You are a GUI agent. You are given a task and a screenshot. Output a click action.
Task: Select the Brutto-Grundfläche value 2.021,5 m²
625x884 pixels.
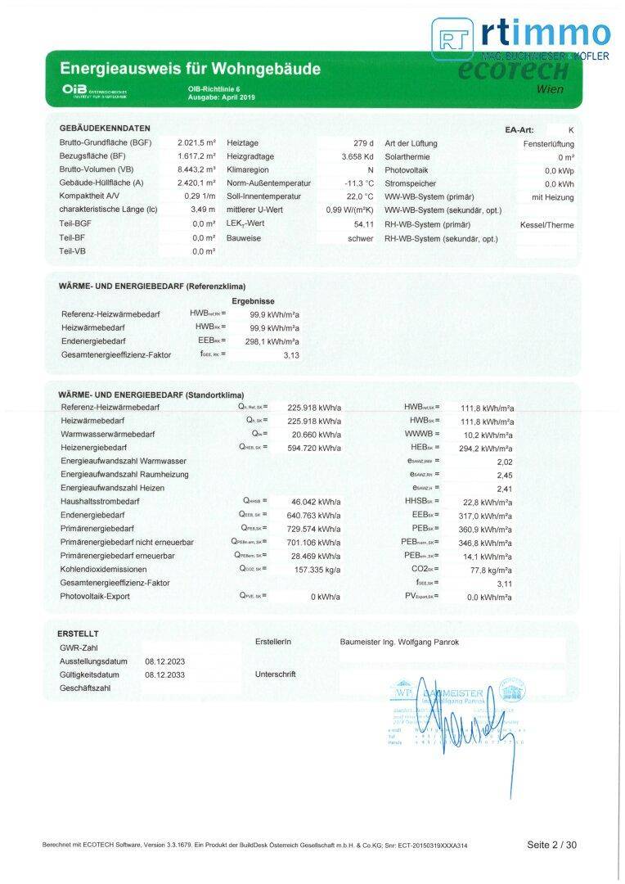pos(197,143)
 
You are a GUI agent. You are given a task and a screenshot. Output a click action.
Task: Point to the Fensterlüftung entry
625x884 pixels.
pos(548,143)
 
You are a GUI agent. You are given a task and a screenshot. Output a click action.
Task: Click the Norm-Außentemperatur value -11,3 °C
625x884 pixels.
pos(359,183)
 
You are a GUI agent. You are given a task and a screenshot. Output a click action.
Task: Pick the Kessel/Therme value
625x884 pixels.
pos(547,224)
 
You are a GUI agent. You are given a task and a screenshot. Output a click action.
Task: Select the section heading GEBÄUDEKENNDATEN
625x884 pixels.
pos(105,129)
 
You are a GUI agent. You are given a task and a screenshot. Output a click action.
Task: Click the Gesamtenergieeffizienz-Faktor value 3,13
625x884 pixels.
pos(291,355)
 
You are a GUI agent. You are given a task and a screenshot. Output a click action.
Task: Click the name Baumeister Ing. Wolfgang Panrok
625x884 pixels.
pos(399,643)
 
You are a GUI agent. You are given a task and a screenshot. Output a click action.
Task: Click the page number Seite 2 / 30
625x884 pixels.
pos(551,844)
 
